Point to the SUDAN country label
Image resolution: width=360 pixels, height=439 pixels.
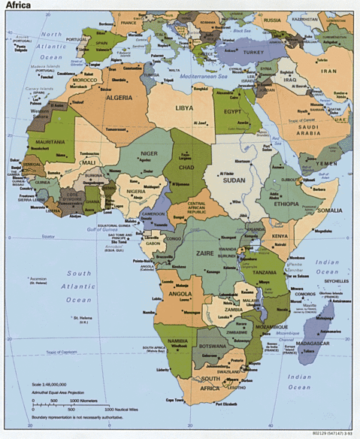pyautogui.click(x=235, y=180)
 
